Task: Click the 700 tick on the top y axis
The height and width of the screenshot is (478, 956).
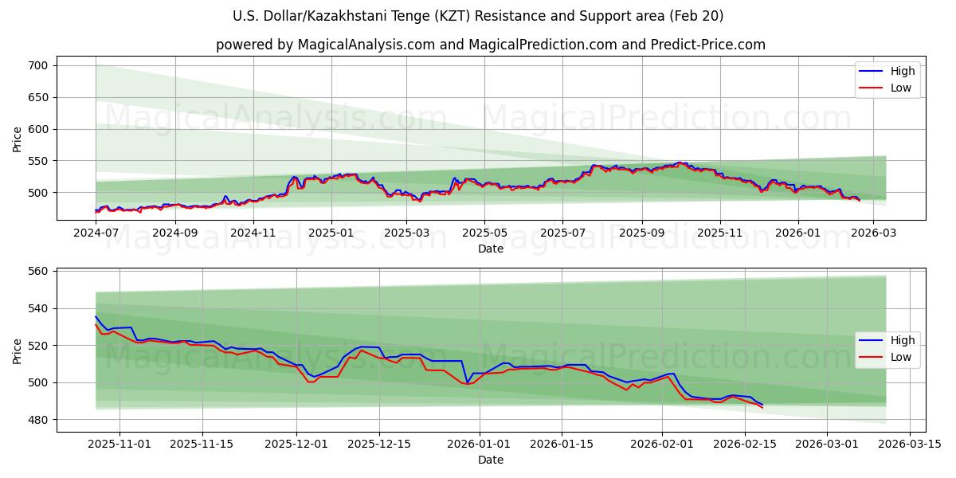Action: (x=37, y=65)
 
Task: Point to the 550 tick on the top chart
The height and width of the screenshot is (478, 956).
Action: (x=37, y=161)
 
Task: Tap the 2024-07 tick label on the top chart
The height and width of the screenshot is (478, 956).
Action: (x=96, y=233)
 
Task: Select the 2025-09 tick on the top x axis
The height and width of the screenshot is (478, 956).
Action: (x=642, y=233)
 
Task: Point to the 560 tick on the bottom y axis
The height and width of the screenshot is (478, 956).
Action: (x=37, y=272)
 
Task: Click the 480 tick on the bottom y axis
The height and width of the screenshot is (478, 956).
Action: (x=37, y=420)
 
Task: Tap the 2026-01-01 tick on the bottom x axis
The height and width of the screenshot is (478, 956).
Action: (x=480, y=444)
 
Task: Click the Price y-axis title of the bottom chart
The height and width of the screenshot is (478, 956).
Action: (x=18, y=351)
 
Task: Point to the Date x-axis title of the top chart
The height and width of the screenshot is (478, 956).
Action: (x=491, y=249)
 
